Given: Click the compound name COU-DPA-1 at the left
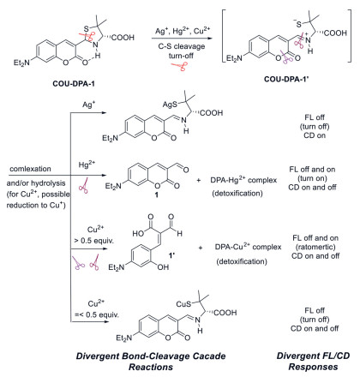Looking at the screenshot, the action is click(x=74, y=84).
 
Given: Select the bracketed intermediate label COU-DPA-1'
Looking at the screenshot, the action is click(x=285, y=79).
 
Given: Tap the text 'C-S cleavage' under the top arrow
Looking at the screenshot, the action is click(x=182, y=46).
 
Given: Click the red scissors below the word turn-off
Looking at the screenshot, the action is click(x=179, y=67).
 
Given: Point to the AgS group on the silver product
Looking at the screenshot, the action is click(x=170, y=105).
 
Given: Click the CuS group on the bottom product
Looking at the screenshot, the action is click(x=183, y=304).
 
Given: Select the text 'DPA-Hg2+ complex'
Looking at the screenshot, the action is click(x=243, y=180).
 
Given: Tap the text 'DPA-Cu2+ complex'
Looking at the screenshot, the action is click(x=248, y=247).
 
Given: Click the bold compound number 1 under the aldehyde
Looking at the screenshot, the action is click(x=157, y=195).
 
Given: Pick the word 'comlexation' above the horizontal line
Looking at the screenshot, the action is click(x=30, y=169).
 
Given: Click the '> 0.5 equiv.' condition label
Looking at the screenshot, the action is click(x=93, y=241).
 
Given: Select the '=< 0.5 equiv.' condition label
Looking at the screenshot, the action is click(x=97, y=314).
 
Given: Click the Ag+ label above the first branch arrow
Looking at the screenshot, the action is click(x=88, y=105).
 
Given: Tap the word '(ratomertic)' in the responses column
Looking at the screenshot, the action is click(x=315, y=247).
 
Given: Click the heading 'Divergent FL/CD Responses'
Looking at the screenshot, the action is click(x=313, y=362).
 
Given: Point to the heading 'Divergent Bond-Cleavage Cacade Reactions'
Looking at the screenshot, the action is click(x=151, y=362).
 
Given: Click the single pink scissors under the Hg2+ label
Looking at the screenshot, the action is click(x=83, y=186).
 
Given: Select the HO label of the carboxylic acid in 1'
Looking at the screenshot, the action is click(x=138, y=234).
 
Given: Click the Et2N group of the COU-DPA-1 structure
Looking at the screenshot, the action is click(x=21, y=63).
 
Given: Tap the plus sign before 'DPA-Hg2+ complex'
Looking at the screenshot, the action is click(x=199, y=181).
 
